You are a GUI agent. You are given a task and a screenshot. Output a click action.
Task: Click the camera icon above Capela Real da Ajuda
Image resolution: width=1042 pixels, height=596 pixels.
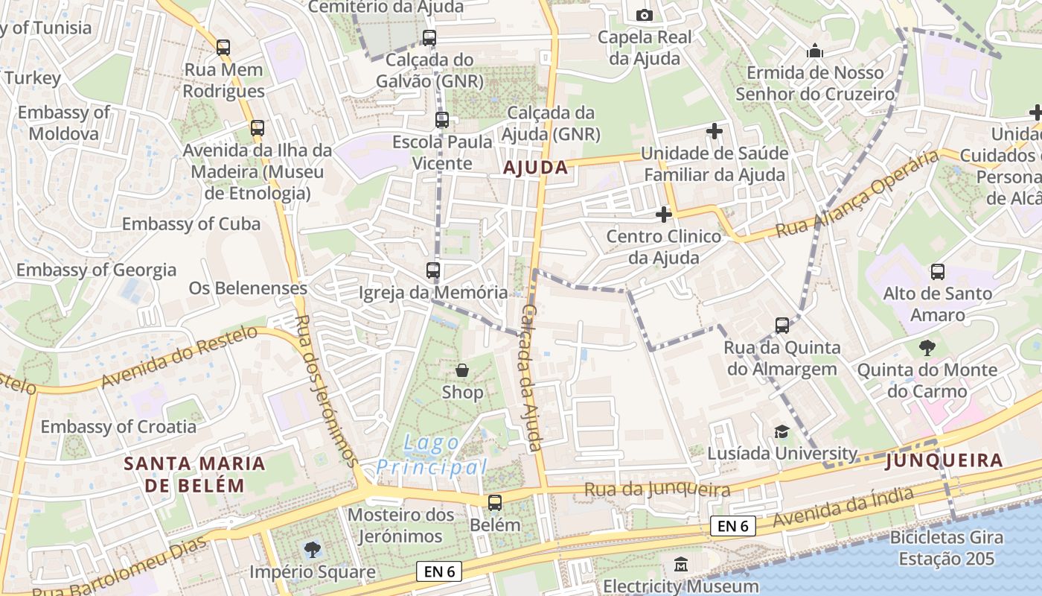645,15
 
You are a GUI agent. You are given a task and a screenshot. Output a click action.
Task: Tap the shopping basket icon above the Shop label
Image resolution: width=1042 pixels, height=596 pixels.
462,370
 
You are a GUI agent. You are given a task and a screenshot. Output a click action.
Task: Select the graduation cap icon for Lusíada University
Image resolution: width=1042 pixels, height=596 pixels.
781,432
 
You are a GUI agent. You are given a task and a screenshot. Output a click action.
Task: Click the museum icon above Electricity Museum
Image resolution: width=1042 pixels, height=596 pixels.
681,565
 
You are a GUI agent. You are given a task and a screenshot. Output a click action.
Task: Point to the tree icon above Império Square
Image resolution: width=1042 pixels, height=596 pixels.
313,551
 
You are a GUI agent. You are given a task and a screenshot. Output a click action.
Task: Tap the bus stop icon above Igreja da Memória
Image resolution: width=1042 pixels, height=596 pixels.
433,270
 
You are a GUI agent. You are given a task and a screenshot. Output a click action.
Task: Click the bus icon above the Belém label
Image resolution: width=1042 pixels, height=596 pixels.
495,503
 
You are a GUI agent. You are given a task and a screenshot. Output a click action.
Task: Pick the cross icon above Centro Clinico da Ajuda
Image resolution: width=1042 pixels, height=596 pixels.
663,215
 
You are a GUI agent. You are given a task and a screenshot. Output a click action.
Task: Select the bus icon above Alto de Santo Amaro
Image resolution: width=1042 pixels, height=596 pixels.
938,272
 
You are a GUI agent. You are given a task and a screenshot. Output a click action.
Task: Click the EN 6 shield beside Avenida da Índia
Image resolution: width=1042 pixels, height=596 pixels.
732,526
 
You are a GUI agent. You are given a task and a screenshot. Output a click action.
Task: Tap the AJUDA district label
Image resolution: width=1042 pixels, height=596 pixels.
536,168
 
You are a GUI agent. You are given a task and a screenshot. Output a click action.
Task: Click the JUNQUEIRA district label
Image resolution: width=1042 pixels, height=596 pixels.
944,461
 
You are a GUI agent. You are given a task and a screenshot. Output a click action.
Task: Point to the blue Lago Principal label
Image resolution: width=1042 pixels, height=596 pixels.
432,455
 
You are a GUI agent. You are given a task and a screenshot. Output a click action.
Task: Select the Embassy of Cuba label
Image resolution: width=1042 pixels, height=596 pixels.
191,223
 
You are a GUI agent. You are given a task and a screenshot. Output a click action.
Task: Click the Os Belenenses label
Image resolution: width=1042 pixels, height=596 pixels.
248,288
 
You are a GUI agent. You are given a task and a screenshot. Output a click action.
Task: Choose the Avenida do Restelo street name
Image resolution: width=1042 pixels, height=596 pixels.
179,357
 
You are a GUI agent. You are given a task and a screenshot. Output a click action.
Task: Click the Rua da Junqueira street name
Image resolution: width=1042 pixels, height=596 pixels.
657,489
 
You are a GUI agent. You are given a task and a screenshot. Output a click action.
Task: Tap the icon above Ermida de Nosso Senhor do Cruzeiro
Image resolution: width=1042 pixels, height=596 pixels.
815,51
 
